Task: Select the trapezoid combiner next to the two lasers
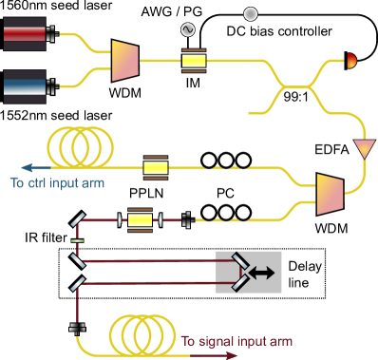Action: coord(125,60)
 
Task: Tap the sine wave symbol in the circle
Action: coord(188,30)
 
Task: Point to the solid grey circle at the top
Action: coord(251,14)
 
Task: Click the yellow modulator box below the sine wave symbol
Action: coord(194,61)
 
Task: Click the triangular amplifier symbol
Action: coord(364,149)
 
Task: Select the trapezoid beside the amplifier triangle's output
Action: coord(330,193)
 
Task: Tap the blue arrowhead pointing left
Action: coord(12,167)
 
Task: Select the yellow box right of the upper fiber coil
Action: coord(156,167)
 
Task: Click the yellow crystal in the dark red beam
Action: coord(140,220)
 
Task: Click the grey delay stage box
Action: coord(249,272)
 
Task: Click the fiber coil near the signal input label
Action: coord(142,333)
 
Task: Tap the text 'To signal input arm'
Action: coord(237,341)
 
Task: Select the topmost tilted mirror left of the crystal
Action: coord(79,222)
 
